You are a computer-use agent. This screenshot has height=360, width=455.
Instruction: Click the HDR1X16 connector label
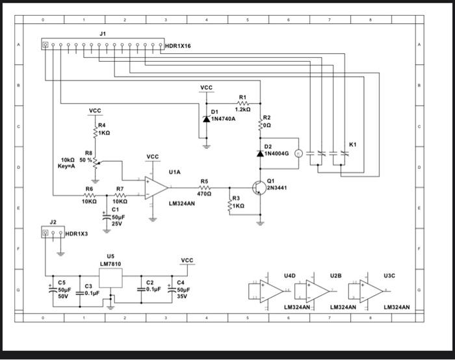click(178, 46)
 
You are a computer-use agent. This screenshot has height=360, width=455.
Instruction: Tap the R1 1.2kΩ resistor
click(242, 103)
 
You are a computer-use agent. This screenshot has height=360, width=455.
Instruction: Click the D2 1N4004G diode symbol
click(261, 153)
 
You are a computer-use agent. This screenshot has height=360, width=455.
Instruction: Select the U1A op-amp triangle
click(156, 186)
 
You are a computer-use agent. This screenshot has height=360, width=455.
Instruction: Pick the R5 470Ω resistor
click(204, 186)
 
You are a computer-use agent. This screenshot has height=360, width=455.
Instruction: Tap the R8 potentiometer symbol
click(96, 161)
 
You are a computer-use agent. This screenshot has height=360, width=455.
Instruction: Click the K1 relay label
click(352, 143)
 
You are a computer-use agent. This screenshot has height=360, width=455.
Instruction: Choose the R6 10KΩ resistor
click(89, 194)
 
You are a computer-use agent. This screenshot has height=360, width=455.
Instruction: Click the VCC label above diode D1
click(206, 87)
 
